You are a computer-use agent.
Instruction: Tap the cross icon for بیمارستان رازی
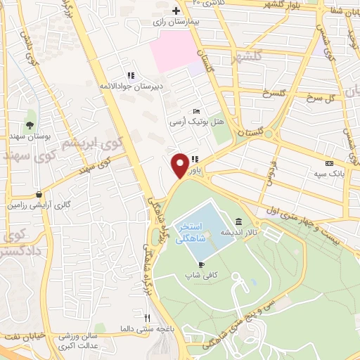coord(176,11)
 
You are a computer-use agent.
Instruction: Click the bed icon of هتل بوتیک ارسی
coord(197,111)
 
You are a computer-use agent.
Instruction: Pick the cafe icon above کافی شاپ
coord(202,264)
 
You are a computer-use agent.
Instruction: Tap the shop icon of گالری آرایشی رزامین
coord(39,195)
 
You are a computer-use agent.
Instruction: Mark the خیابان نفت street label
coord(21,336)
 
